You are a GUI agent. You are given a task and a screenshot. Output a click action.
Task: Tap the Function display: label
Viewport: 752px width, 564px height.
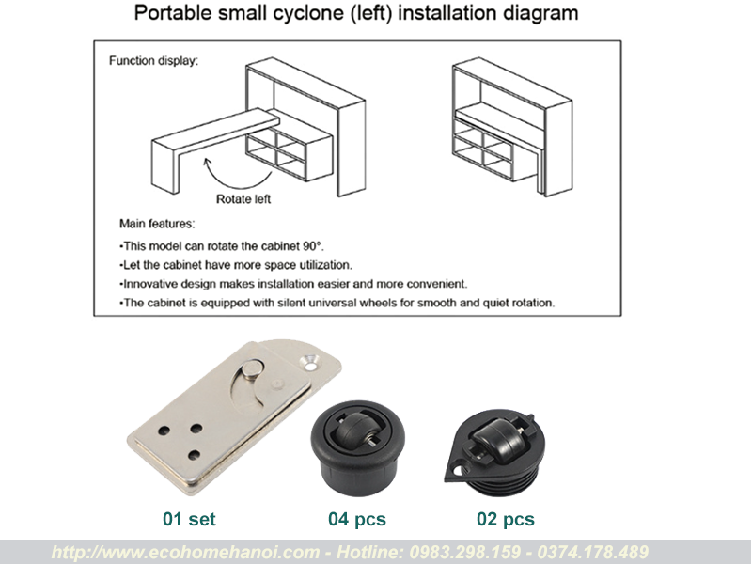(153, 61)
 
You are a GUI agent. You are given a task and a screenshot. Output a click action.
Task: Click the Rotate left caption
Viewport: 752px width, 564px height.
(243, 199)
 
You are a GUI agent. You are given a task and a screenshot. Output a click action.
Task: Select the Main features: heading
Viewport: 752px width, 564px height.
(157, 224)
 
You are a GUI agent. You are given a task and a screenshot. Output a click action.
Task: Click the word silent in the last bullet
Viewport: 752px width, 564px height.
(291, 303)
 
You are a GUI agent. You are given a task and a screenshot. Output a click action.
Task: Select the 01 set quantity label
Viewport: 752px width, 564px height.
(189, 519)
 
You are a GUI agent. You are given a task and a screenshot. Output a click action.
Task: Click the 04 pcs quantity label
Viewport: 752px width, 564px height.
(357, 519)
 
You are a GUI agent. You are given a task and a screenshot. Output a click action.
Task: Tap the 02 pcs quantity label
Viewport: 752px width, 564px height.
(506, 519)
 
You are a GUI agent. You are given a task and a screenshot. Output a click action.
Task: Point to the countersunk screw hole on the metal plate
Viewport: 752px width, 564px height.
(311, 362)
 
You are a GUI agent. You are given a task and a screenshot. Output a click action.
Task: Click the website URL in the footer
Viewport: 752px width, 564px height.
(185, 552)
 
